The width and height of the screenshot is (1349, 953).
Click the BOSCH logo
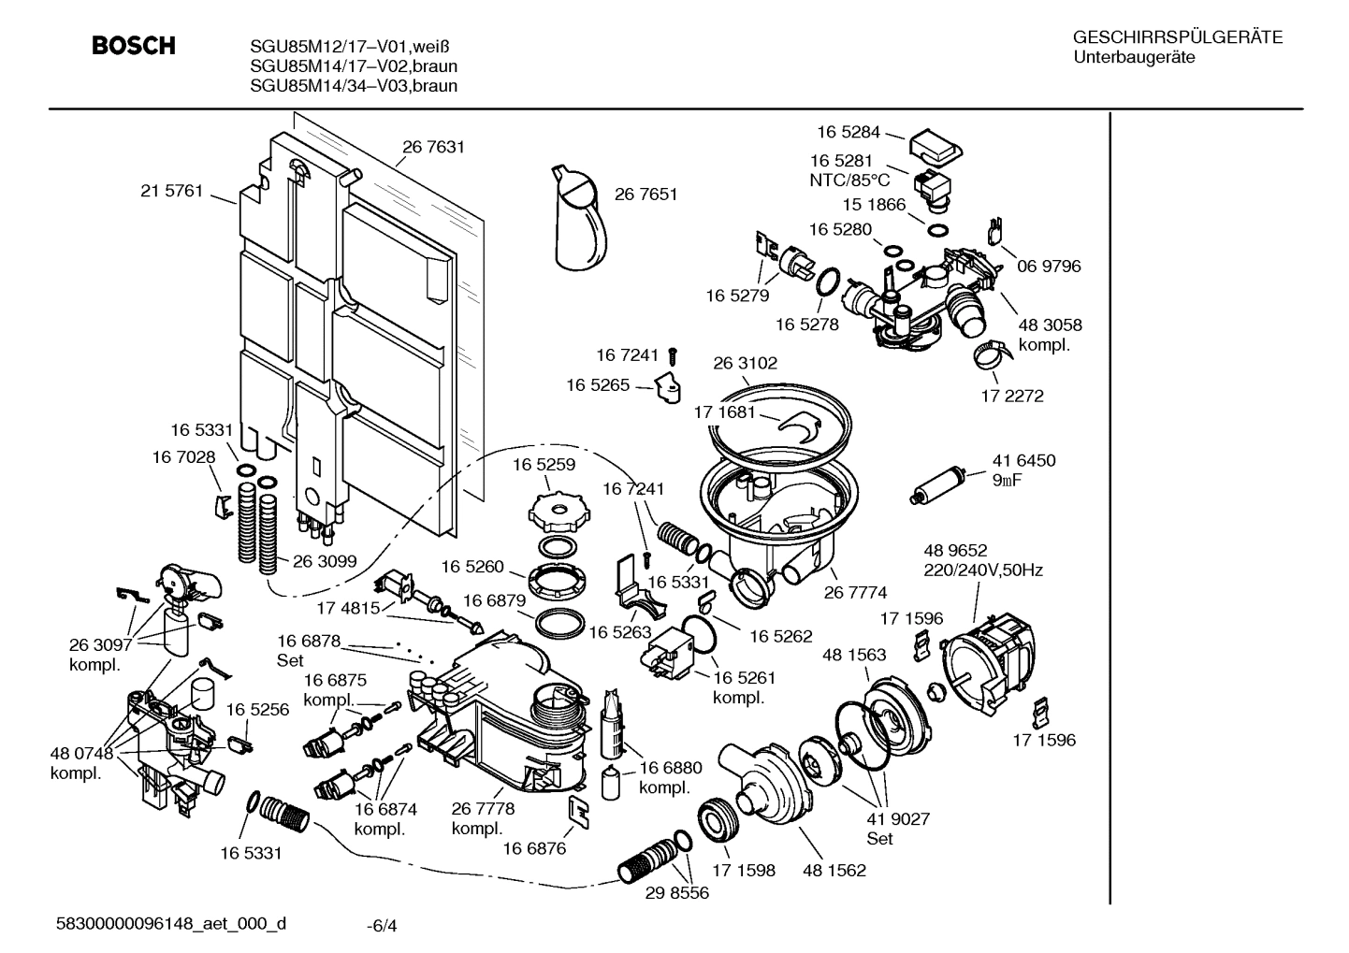(134, 46)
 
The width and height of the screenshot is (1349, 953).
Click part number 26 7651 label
(645, 195)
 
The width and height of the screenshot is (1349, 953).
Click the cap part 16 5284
(936, 145)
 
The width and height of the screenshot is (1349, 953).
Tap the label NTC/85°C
(849, 180)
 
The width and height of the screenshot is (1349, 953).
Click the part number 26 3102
(746, 363)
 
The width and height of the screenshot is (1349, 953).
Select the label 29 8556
(676, 893)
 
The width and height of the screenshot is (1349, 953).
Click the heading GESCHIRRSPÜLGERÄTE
(1177, 38)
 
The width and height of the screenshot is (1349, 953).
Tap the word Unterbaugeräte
(1134, 58)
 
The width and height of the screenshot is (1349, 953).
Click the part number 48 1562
(834, 870)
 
